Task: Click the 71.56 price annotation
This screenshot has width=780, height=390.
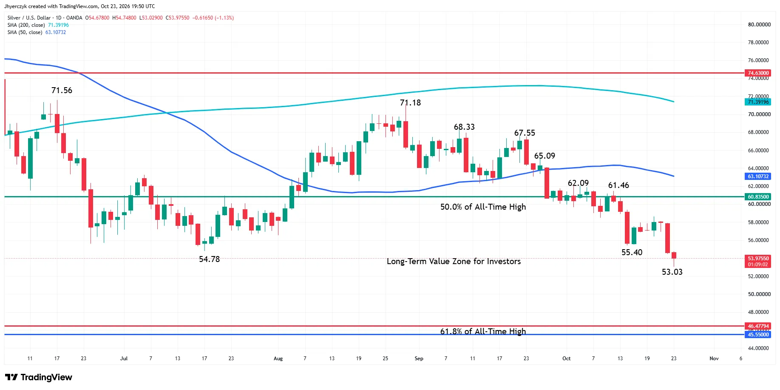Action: tap(62, 91)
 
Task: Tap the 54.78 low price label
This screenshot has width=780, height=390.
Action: tap(210, 259)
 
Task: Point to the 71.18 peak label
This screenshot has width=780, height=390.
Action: tap(410, 102)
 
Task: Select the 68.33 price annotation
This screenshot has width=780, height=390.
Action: tap(464, 127)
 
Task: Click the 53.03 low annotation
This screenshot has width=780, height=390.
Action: tap(672, 272)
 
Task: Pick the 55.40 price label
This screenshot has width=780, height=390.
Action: tap(632, 252)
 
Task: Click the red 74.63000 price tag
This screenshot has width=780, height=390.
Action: tap(758, 73)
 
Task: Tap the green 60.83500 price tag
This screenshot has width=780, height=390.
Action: tap(758, 197)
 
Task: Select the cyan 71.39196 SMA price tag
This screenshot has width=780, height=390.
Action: tap(758, 102)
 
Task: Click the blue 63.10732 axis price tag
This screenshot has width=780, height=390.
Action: tap(758, 176)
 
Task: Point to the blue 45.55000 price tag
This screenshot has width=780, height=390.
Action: tap(758, 335)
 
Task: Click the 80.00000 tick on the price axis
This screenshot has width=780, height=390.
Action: tap(759, 25)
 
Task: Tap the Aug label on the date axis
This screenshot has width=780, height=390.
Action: tap(278, 359)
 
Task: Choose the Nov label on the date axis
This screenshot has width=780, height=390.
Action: tap(714, 359)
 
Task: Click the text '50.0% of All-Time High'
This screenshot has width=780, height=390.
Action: tap(483, 207)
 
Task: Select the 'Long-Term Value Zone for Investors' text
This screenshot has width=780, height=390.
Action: tap(454, 261)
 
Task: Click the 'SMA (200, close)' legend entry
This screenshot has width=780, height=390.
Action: tap(26, 25)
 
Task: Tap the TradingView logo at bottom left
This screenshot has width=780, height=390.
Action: tap(39, 377)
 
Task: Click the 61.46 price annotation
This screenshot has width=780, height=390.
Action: tap(618, 185)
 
